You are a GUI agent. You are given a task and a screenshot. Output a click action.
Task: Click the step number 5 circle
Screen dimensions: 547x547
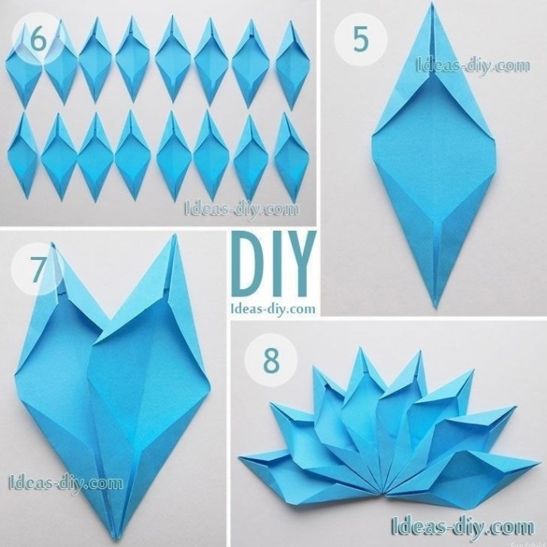361,39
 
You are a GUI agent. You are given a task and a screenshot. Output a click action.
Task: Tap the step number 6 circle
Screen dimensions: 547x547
38,39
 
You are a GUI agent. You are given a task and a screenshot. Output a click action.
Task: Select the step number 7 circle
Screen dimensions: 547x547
38,270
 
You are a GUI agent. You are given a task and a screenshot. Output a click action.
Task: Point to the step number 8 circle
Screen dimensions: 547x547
271,360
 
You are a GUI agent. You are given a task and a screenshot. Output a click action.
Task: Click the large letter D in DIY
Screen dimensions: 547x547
248,264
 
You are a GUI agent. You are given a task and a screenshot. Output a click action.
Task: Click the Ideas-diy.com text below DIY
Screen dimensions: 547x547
273,309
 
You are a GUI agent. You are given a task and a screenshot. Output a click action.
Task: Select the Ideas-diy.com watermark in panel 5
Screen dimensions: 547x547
473,66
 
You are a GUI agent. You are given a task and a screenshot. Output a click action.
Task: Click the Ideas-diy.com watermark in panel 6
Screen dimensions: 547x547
242,209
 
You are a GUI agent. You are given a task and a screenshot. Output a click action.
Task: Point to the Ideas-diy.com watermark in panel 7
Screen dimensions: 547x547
66,483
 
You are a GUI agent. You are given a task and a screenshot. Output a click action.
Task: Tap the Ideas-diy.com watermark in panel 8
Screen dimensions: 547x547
463,526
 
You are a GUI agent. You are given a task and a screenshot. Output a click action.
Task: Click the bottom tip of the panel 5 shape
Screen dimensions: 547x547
435,307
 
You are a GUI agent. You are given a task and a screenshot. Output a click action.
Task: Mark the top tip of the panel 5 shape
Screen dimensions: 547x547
433,3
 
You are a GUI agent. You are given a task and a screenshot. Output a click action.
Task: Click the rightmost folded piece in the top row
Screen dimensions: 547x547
293,65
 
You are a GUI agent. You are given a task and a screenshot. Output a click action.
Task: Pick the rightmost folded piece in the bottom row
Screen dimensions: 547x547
291,158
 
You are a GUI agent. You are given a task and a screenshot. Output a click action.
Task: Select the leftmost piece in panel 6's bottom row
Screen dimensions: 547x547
22,155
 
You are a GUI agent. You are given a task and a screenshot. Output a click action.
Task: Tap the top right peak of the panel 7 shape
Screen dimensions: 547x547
174,235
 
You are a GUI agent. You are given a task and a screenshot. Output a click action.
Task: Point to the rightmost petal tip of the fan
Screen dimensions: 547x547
540,463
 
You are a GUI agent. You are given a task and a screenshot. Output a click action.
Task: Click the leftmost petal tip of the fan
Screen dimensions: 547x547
239,457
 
